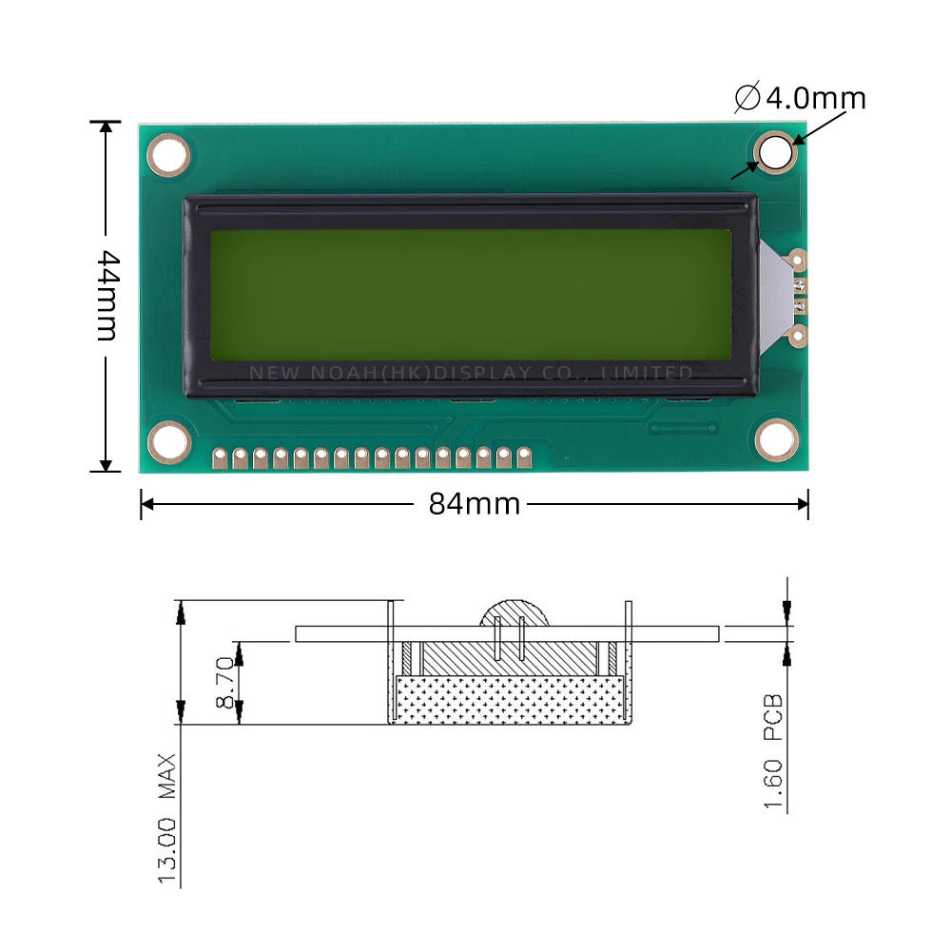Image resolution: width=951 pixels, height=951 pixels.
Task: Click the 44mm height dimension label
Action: [107, 296]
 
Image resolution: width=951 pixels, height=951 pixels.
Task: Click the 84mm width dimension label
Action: [475, 504]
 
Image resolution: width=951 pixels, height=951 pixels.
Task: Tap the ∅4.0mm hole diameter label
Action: [801, 98]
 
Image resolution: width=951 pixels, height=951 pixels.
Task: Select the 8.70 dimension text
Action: [224, 681]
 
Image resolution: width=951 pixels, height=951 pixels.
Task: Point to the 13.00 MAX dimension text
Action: [168, 819]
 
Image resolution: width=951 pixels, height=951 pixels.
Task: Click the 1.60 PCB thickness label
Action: [775, 752]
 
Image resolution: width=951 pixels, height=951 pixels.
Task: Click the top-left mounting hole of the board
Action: [169, 154]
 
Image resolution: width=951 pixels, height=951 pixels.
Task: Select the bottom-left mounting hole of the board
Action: [169, 441]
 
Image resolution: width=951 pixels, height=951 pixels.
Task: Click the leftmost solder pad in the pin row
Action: [220, 458]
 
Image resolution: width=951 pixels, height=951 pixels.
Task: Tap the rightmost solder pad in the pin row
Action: [523, 458]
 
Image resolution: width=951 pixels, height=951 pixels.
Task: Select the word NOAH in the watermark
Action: [340, 373]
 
